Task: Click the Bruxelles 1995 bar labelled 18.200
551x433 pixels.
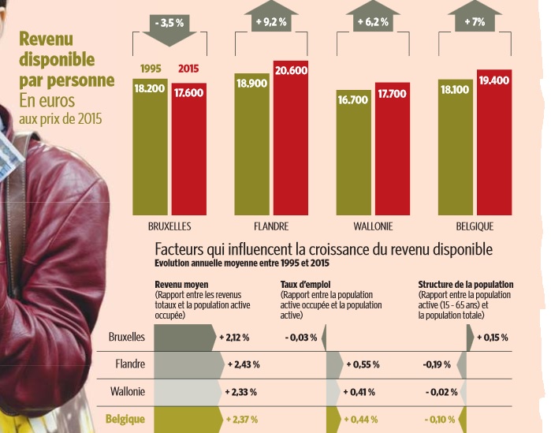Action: pyautogui.click(x=150, y=147)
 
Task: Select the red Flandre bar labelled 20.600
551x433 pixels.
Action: pyautogui.click(x=291, y=138)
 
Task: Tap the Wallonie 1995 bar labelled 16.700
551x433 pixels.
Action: pyautogui.click(x=353, y=152)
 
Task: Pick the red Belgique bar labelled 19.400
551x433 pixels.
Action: pyautogui.click(x=494, y=142)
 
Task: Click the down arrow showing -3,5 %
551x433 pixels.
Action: pyautogui.click(x=169, y=29)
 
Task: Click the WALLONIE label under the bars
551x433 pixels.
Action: pyautogui.click(x=373, y=226)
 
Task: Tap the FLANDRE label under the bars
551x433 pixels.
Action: pyautogui.click(x=271, y=226)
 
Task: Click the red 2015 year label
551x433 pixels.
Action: pyautogui.click(x=188, y=69)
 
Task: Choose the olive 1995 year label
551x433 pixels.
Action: pyautogui.click(x=151, y=69)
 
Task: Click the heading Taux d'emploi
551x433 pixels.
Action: pyautogui.click(x=305, y=285)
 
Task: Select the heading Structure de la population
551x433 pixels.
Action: pyautogui.click(x=466, y=285)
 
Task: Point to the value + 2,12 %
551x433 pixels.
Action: pyautogui.click(x=234, y=338)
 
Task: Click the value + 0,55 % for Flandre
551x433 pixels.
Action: pyautogui.click(x=363, y=364)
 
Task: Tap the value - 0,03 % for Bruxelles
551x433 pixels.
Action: pyautogui.click(x=301, y=338)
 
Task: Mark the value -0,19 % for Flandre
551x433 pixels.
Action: pyautogui.click(x=437, y=364)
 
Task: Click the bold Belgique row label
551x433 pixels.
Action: pyautogui.click(x=125, y=419)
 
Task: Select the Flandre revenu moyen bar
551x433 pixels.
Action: pyautogui.click(x=189, y=365)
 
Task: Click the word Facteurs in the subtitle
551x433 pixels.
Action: pyautogui.click(x=179, y=249)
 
